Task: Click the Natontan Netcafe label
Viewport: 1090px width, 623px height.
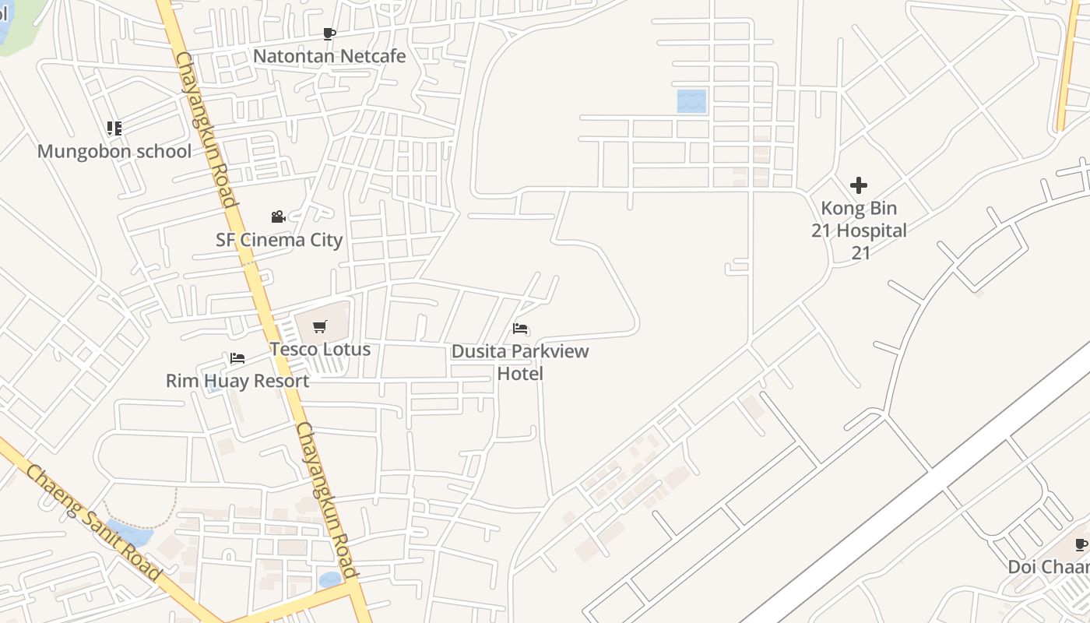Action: coord(329,56)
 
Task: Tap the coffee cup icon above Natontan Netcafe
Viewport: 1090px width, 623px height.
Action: coord(329,33)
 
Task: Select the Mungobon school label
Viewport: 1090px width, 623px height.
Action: coord(114,151)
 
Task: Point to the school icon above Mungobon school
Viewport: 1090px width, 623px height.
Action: coord(114,128)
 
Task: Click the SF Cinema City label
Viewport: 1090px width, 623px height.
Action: coord(279,240)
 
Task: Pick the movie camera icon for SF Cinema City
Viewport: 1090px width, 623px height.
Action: coord(278,216)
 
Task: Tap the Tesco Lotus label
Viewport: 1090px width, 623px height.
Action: coord(320,349)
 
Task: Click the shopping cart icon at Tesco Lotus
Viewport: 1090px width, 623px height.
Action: coord(319,326)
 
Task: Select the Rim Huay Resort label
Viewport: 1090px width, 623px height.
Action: coord(237,381)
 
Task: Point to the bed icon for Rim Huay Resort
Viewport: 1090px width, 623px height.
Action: coord(237,358)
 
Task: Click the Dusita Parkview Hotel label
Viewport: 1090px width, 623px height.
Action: coord(520,362)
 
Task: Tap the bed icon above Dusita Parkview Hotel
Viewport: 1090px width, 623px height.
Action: coord(520,329)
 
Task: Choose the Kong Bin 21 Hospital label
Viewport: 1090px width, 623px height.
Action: coord(860,231)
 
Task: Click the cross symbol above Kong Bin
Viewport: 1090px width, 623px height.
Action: coord(859,185)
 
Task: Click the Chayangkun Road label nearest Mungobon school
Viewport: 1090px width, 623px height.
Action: coord(206,129)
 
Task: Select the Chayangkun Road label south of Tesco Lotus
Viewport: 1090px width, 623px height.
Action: coord(326,499)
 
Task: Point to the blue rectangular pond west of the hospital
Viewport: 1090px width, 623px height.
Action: coord(691,101)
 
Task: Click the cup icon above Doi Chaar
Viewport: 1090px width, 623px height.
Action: coord(1081,544)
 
